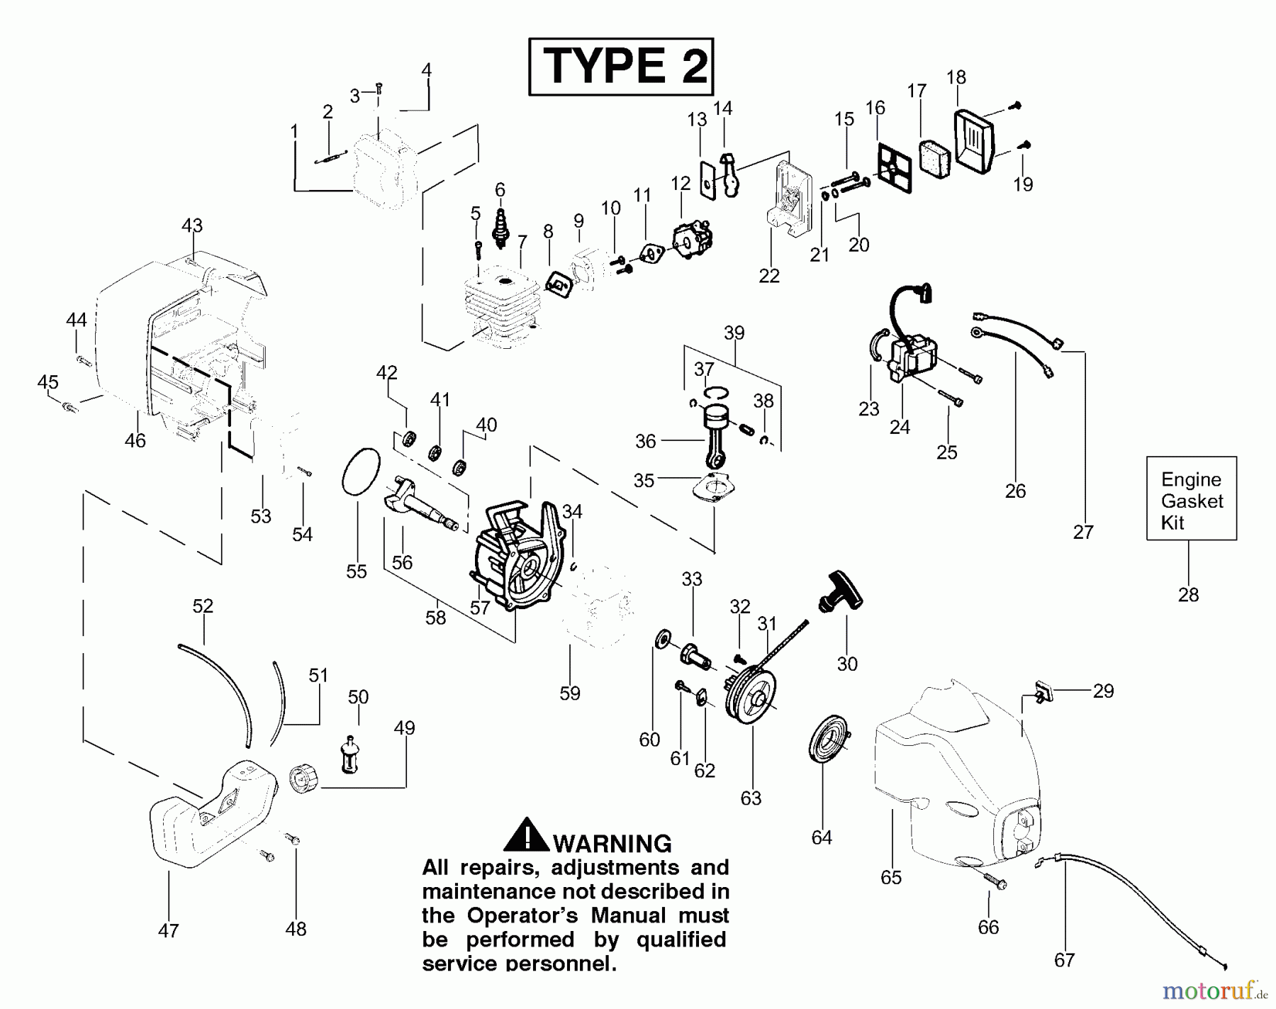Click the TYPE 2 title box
click(x=621, y=67)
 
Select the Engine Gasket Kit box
click(x=1191, y=498)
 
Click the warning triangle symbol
click(x=526, y=835)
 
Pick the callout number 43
click(x=192, y=225)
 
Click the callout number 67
click(x=1064, y=960)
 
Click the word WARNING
click(x=612, y=844)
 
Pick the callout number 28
click(x=1188, y=595)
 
